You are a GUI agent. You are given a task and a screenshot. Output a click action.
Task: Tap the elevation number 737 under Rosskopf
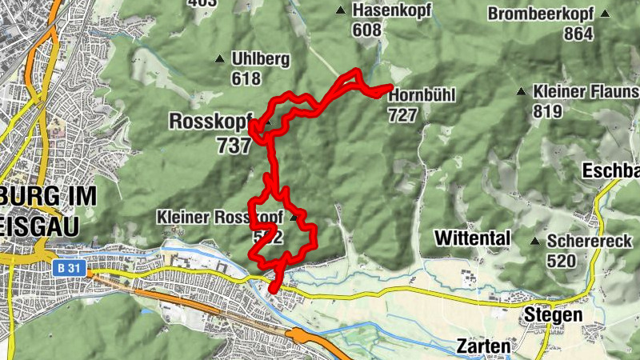(x=233, y=145)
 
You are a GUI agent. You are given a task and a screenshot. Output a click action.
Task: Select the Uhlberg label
(x=258, y=58)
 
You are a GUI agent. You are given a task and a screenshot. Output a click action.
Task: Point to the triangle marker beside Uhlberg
(x=219, y=58)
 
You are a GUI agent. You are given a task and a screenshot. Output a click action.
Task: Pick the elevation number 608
(x=366, y=30)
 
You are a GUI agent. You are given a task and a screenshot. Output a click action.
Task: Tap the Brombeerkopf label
(x=541, y=14)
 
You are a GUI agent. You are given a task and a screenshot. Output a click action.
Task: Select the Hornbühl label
(x=422, y=96)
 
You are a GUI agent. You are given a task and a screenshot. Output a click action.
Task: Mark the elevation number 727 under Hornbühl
(x=402, y=115)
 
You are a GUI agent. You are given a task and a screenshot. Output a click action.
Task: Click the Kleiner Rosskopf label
(x=221, y=217)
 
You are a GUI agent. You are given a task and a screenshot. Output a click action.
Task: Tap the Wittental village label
(x=472, y=238)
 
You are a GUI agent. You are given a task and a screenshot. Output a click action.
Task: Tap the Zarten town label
(x=483, y=347)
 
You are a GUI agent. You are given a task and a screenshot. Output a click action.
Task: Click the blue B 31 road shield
(x=70, y=270)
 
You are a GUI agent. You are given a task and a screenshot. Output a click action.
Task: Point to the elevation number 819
(x=547, y=111)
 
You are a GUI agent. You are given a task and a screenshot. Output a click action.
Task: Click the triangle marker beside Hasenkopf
(x=340, y=10)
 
